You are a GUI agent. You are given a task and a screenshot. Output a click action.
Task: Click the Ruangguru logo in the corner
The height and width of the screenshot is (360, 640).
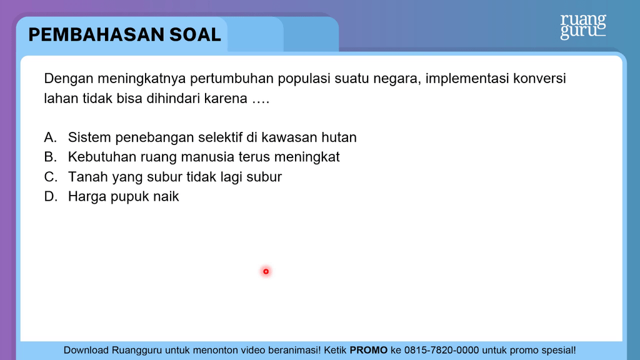click(583, 26)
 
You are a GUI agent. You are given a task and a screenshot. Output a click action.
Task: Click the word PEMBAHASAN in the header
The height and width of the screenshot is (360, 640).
click(96, 35)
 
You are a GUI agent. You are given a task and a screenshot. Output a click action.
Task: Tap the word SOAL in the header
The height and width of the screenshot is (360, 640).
click(195, 35)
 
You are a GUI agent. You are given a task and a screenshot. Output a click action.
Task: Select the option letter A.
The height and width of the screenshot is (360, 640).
click(50, 137)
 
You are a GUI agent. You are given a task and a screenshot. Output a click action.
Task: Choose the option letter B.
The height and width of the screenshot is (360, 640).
click(50, 157)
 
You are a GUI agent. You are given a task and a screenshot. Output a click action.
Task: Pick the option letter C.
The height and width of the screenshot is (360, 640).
click(50, 177)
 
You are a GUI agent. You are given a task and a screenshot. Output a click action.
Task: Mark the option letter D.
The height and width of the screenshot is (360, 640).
click(50, 197)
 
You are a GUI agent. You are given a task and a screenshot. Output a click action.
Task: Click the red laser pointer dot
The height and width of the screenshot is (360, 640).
click(266, 271)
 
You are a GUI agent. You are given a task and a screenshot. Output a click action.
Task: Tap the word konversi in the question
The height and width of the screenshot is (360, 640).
click(539, 78)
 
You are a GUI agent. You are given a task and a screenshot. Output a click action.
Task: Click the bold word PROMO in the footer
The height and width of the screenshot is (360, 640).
click(369, 350)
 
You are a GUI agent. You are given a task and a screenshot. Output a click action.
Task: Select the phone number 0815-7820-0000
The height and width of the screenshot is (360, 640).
click(442, 350)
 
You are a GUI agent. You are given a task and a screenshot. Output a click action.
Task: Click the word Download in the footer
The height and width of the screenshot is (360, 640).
click(86, 350)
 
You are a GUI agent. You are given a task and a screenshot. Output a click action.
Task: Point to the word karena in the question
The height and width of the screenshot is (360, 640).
click(226, 99)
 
